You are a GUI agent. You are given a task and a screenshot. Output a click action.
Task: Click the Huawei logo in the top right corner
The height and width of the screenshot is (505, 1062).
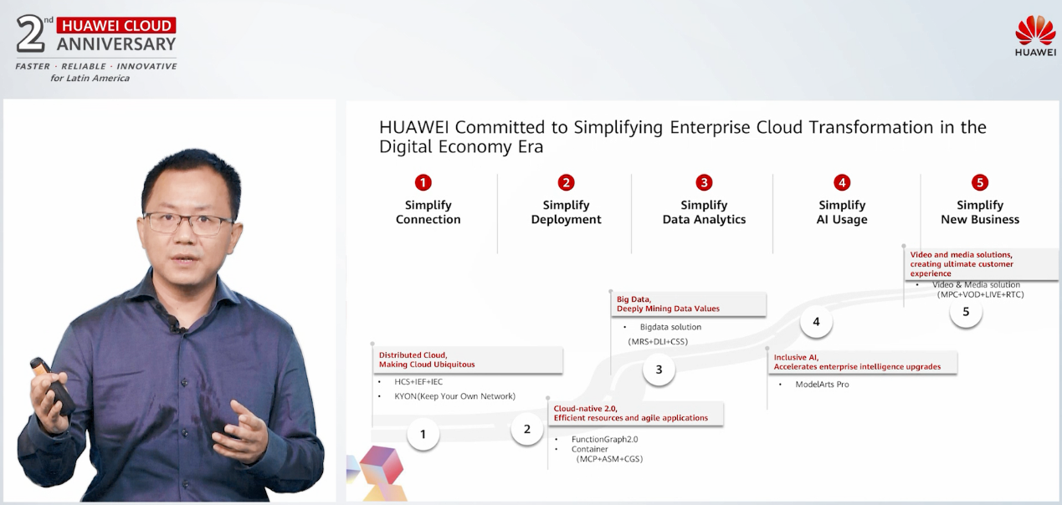point(1035,35)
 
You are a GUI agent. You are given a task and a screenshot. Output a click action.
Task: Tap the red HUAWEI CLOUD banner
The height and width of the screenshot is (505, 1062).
point(116,25)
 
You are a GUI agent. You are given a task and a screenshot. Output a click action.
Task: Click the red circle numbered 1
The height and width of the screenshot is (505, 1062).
point(423,182)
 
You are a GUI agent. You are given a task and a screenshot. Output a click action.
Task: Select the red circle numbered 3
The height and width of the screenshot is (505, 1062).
point(704,182)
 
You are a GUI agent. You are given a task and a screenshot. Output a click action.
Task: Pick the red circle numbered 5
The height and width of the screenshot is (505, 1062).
point(980,182)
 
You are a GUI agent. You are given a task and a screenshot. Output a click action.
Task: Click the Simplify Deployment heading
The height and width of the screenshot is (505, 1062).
point(566,212)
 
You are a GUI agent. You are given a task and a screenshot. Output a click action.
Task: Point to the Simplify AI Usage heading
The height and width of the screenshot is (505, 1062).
point(842,212)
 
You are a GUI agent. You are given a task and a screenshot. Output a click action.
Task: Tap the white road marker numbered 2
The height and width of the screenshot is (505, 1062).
point(526,429)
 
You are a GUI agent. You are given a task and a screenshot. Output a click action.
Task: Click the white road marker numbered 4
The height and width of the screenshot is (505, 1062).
point(816,322)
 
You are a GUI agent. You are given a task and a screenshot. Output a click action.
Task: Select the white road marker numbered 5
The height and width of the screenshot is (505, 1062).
point(966,312)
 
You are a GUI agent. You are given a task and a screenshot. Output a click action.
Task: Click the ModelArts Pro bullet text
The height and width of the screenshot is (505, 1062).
point(822,385)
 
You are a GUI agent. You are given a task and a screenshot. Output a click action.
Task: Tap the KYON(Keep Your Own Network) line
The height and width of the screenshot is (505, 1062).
point(454,396)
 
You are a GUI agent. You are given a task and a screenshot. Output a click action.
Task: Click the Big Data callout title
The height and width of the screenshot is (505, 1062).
point(668,304)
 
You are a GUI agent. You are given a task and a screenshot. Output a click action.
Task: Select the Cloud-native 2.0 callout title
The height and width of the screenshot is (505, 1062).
point(630,413)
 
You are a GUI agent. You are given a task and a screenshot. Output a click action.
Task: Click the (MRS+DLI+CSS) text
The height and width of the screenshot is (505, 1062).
point(658,342)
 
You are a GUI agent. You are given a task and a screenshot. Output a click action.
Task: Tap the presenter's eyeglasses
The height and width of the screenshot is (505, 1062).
point(188,223)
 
